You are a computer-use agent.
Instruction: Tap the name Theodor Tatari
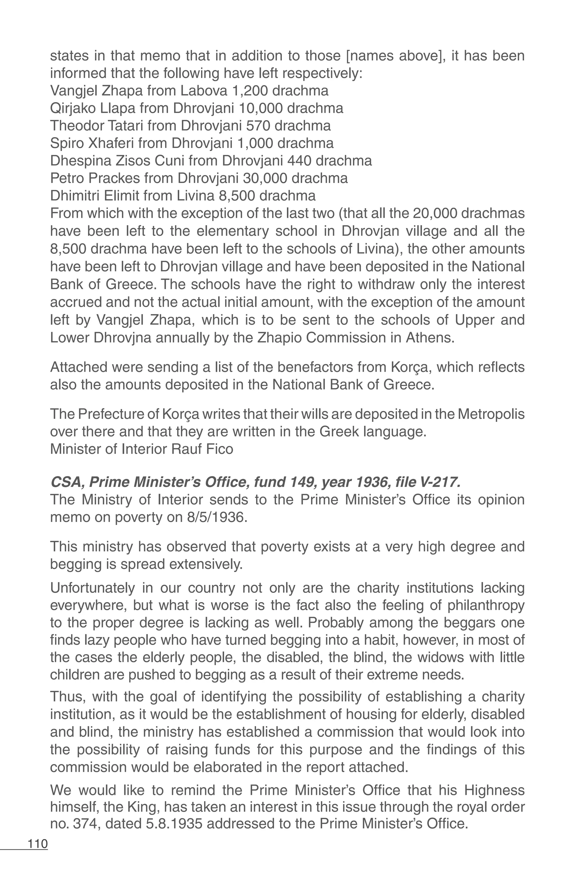point(97,126)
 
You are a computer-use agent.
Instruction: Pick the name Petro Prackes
point(95,179)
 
